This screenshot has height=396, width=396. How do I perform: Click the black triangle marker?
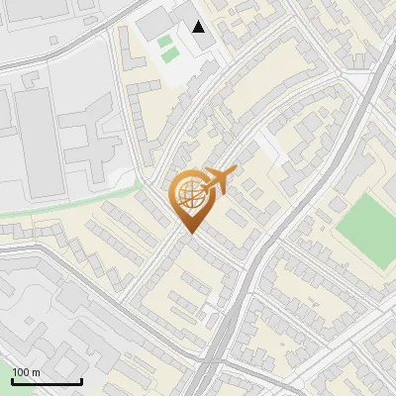pos(200,26)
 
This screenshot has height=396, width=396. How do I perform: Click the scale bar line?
pos(47,382)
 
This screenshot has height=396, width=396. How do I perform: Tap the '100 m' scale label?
pos(27,372)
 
